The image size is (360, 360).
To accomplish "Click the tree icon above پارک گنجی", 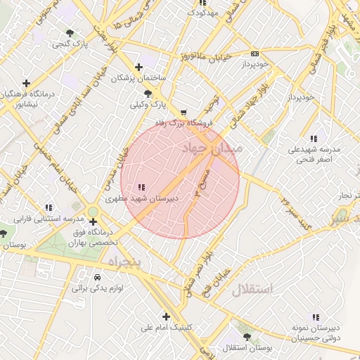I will coord(69,33).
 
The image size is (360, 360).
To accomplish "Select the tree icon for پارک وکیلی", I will coord(148,94).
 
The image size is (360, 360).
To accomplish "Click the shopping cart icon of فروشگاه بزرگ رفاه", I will coord(184,112).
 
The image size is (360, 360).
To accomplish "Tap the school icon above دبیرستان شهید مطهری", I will coord(141,187).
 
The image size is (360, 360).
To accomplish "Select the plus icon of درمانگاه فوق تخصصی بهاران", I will coord(94,221).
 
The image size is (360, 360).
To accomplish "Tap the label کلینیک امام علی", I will coord(165,327).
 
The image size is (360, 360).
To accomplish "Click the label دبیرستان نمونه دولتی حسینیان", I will coord(316,333).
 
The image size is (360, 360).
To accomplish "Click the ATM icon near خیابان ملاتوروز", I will coord(255,53).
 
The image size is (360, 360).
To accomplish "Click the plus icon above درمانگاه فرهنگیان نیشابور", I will coord(27,82).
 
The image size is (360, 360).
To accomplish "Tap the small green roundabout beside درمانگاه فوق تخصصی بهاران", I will coord(93,212).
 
